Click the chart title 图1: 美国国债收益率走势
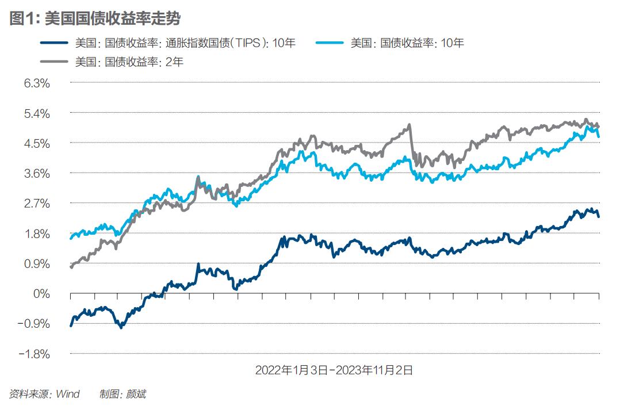coord(95,18)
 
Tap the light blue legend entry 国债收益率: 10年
coord(407,43)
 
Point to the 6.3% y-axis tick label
coord(37,83)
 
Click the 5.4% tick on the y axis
coord(37,113)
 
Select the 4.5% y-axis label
coord(37,143)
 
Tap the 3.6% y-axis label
coord(37,174)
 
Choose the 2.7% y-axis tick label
coord(37,204)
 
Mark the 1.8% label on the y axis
coord(37,234)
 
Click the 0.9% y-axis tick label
coord(37,264)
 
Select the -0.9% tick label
coord(34,324)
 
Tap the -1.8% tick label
coord(34,354)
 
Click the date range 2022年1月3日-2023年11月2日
coord(334,370)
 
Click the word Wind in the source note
coord(67,394)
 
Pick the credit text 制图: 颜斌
coord(123,394)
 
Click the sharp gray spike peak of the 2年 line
coord(409,125)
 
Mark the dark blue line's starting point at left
coord(71,325)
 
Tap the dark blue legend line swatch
coord(55,43)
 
